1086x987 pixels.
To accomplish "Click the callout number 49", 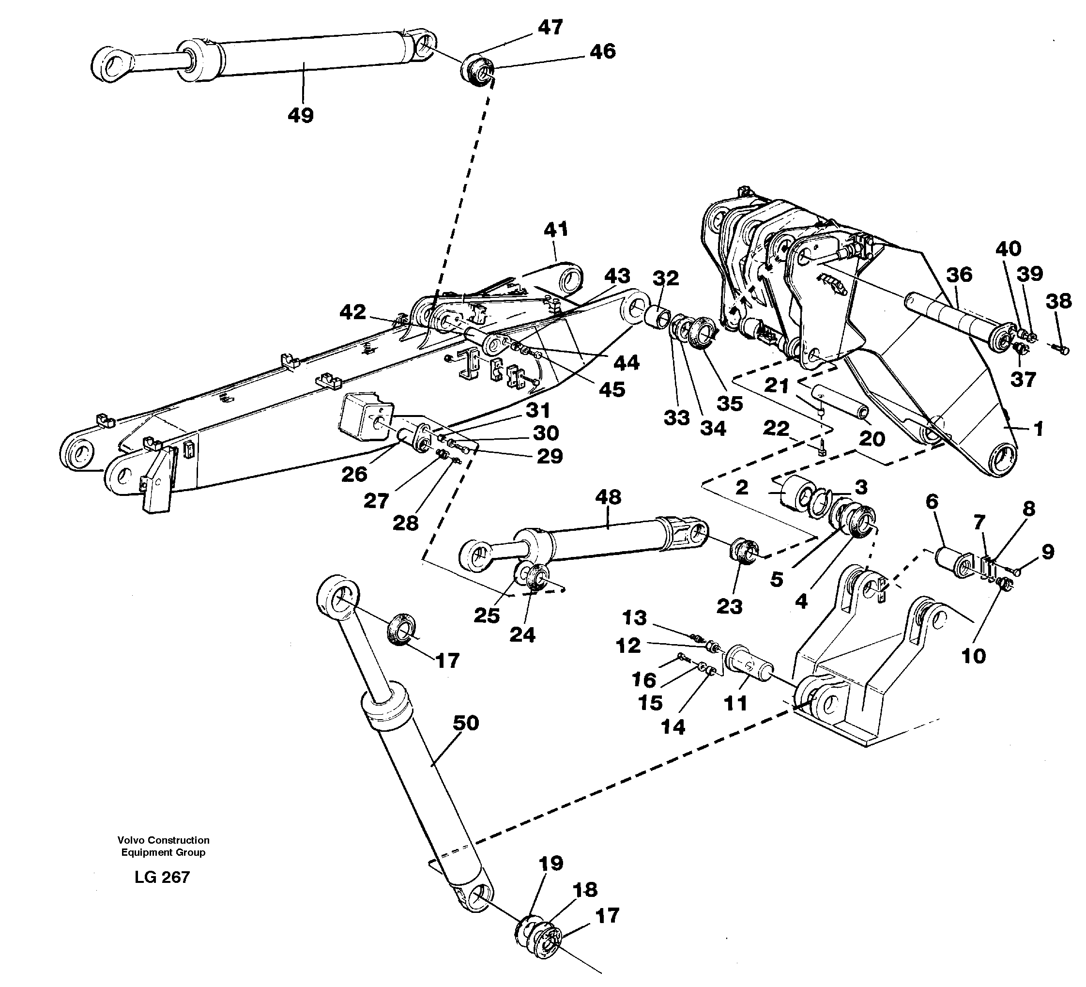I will tap(301, 115).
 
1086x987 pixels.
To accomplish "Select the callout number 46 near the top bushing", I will tap(602, 52).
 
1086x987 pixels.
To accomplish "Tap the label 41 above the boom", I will tap(556, 230).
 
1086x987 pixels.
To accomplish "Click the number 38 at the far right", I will tap(1058, 301).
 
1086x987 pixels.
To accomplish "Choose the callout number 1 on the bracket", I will tap(1038, 429).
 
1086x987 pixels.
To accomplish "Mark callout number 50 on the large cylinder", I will tap(465, 723).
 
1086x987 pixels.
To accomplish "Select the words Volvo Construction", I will tap(163, 840).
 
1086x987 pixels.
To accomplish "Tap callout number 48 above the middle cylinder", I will tap(608, 497).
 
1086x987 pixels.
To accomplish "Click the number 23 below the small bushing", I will tap(729, 607).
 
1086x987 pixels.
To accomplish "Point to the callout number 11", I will tap(735, 703).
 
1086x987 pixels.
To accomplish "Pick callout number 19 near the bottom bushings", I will tap(551, 863).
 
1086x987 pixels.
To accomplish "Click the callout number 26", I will tap(354, 474).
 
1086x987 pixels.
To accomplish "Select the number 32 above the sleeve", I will tap(666, 278).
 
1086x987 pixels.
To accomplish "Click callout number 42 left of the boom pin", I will tap(353, 312).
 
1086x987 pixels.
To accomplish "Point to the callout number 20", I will tap(872, 439).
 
